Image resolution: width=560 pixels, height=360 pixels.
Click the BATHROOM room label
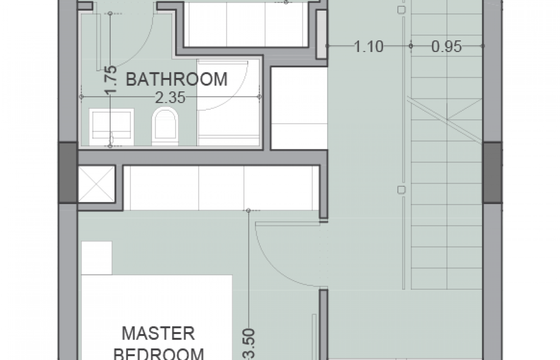pos(176,79)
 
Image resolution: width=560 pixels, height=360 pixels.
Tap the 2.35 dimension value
pos(170,98)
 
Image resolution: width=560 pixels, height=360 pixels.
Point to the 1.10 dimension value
pos(369,46)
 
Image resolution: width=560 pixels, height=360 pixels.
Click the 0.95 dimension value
pos(447,46)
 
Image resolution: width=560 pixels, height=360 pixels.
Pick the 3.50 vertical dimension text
pos(249,345)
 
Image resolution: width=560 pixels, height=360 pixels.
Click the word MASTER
pos(158,333)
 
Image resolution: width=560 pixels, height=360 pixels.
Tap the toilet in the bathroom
pos(165,126)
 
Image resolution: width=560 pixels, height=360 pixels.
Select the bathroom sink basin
pos(111,127)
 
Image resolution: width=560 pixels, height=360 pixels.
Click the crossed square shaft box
pos(97,184)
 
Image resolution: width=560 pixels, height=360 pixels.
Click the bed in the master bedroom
pos(157,317)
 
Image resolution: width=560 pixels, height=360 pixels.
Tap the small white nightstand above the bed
pos(97,258)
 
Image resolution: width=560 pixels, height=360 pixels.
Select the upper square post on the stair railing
pos(402,10)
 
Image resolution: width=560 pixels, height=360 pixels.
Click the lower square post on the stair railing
pos(402,190)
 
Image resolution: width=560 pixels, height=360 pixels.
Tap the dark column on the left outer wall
pos(68,173)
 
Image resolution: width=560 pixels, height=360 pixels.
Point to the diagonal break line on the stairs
pos(445,120)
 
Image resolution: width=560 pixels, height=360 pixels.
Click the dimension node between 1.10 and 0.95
pos(411,46)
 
